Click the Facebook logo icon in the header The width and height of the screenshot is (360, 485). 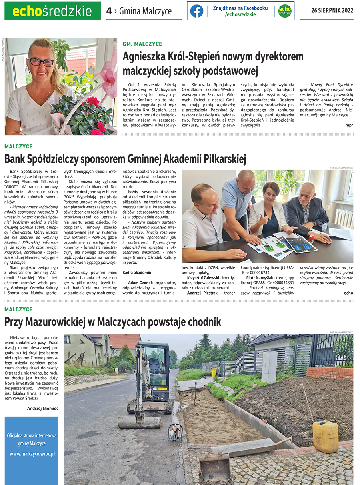point(196,11)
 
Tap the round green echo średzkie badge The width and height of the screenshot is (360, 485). point(284,11)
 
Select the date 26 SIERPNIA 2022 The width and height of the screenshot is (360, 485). point(332,11)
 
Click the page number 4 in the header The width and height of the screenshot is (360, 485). point(109,11)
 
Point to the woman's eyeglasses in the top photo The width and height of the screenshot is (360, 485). point(40,62)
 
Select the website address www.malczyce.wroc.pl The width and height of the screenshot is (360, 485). point(32,454)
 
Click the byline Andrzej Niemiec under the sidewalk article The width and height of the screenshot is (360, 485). point(43,408)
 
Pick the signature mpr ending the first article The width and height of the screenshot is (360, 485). point(349,125)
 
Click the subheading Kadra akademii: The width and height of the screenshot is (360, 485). point(137,272)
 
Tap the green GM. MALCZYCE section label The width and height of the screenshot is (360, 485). point(142,44)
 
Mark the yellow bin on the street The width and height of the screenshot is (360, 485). point(214,372)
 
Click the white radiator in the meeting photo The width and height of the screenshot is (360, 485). point(343,218)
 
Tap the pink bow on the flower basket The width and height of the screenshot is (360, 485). point(109,76)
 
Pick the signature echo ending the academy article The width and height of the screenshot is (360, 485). point(348,293)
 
